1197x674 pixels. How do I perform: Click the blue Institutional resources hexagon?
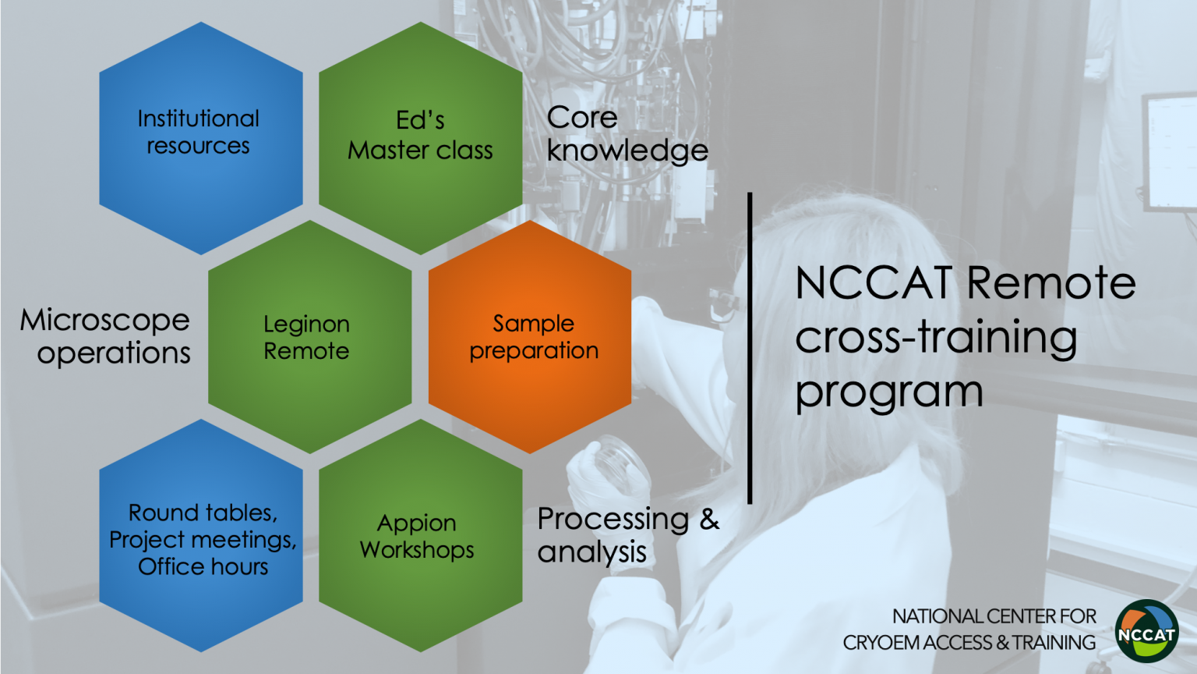[201, 138]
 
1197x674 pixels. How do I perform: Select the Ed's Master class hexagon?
[421, 138]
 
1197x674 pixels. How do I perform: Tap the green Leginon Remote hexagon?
[310, 337]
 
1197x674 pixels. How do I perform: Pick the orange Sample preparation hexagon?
[530, 337]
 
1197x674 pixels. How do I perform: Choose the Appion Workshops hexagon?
[421, 535]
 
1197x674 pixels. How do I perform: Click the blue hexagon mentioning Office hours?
[201, 535]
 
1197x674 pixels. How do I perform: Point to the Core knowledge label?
[627, 133]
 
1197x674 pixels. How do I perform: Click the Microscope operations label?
[105, 336]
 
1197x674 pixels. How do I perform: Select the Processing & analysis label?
[628, 535]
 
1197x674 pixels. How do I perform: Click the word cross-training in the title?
[936, 338]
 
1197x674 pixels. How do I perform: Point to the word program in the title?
[889, 394]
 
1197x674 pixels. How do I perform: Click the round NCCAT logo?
[1147, 631]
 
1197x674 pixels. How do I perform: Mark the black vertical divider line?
[750, 348]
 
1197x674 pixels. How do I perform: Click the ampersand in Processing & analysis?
[709, 520]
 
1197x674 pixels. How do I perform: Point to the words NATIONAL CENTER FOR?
[994, 616]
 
